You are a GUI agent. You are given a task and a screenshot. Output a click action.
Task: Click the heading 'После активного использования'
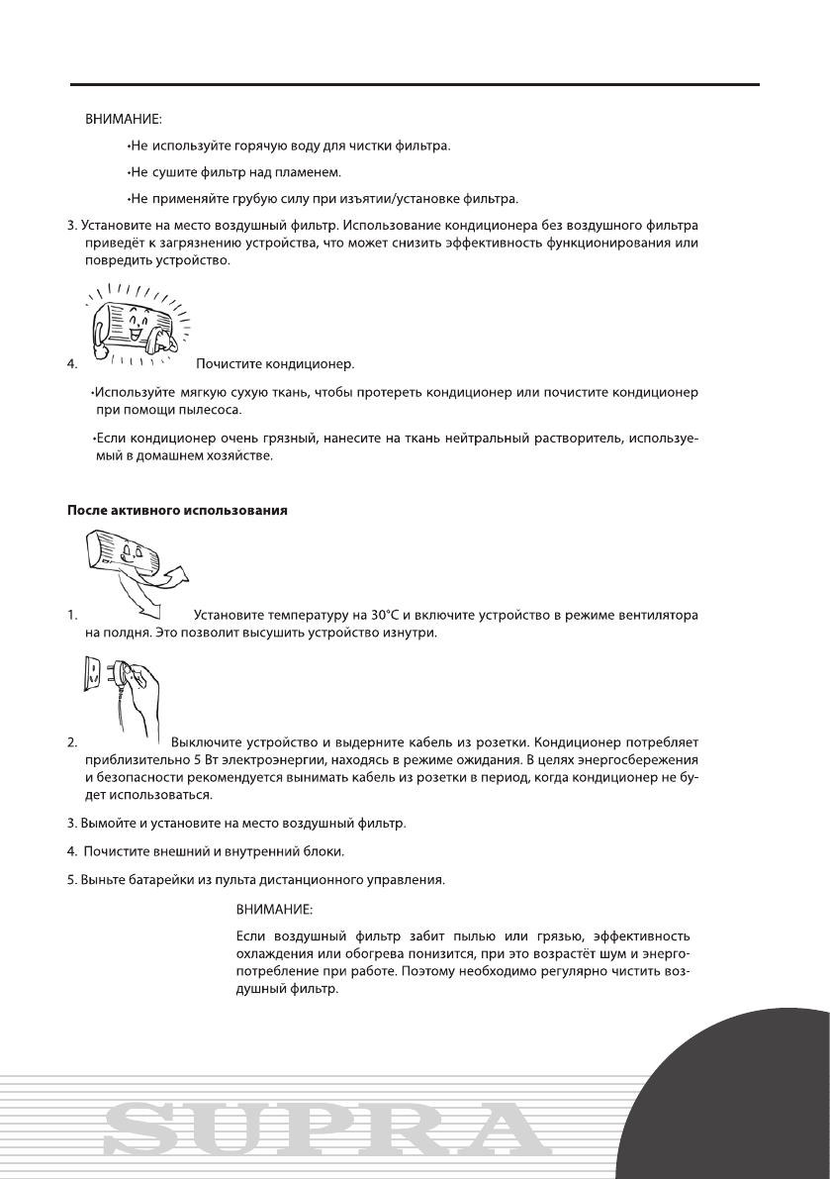click(177, 511)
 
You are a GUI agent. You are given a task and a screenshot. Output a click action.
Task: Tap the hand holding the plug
click(138, 693)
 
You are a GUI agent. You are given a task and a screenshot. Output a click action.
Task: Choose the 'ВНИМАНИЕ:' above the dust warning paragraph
click(274, 908)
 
